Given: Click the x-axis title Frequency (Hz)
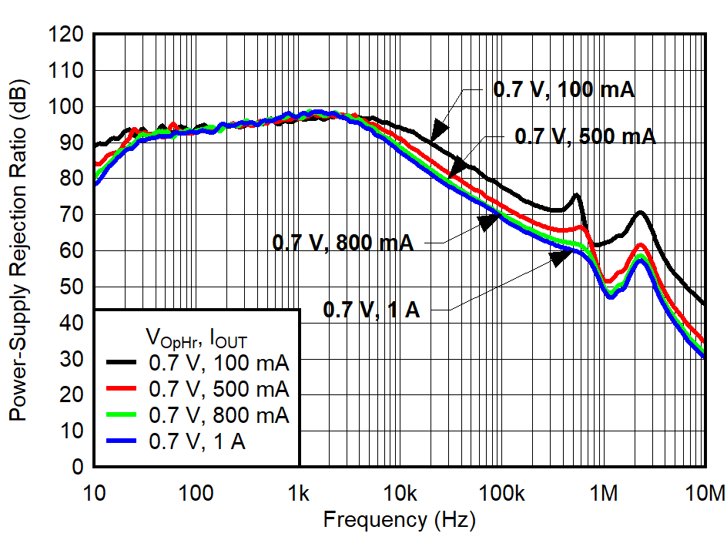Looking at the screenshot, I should tap(399, 519).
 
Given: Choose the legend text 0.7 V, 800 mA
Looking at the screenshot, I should tap(219, 415).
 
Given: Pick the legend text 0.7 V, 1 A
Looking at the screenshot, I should tap(196, 442).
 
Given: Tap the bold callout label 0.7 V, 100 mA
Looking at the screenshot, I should tap(564, 89).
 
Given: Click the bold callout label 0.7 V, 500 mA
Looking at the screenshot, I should tap(585, 137).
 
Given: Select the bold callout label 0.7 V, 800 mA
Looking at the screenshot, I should tap(343, 243).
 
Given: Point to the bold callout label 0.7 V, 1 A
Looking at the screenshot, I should tap(371, 310).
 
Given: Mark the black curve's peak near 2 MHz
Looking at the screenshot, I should tap(640, 212).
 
